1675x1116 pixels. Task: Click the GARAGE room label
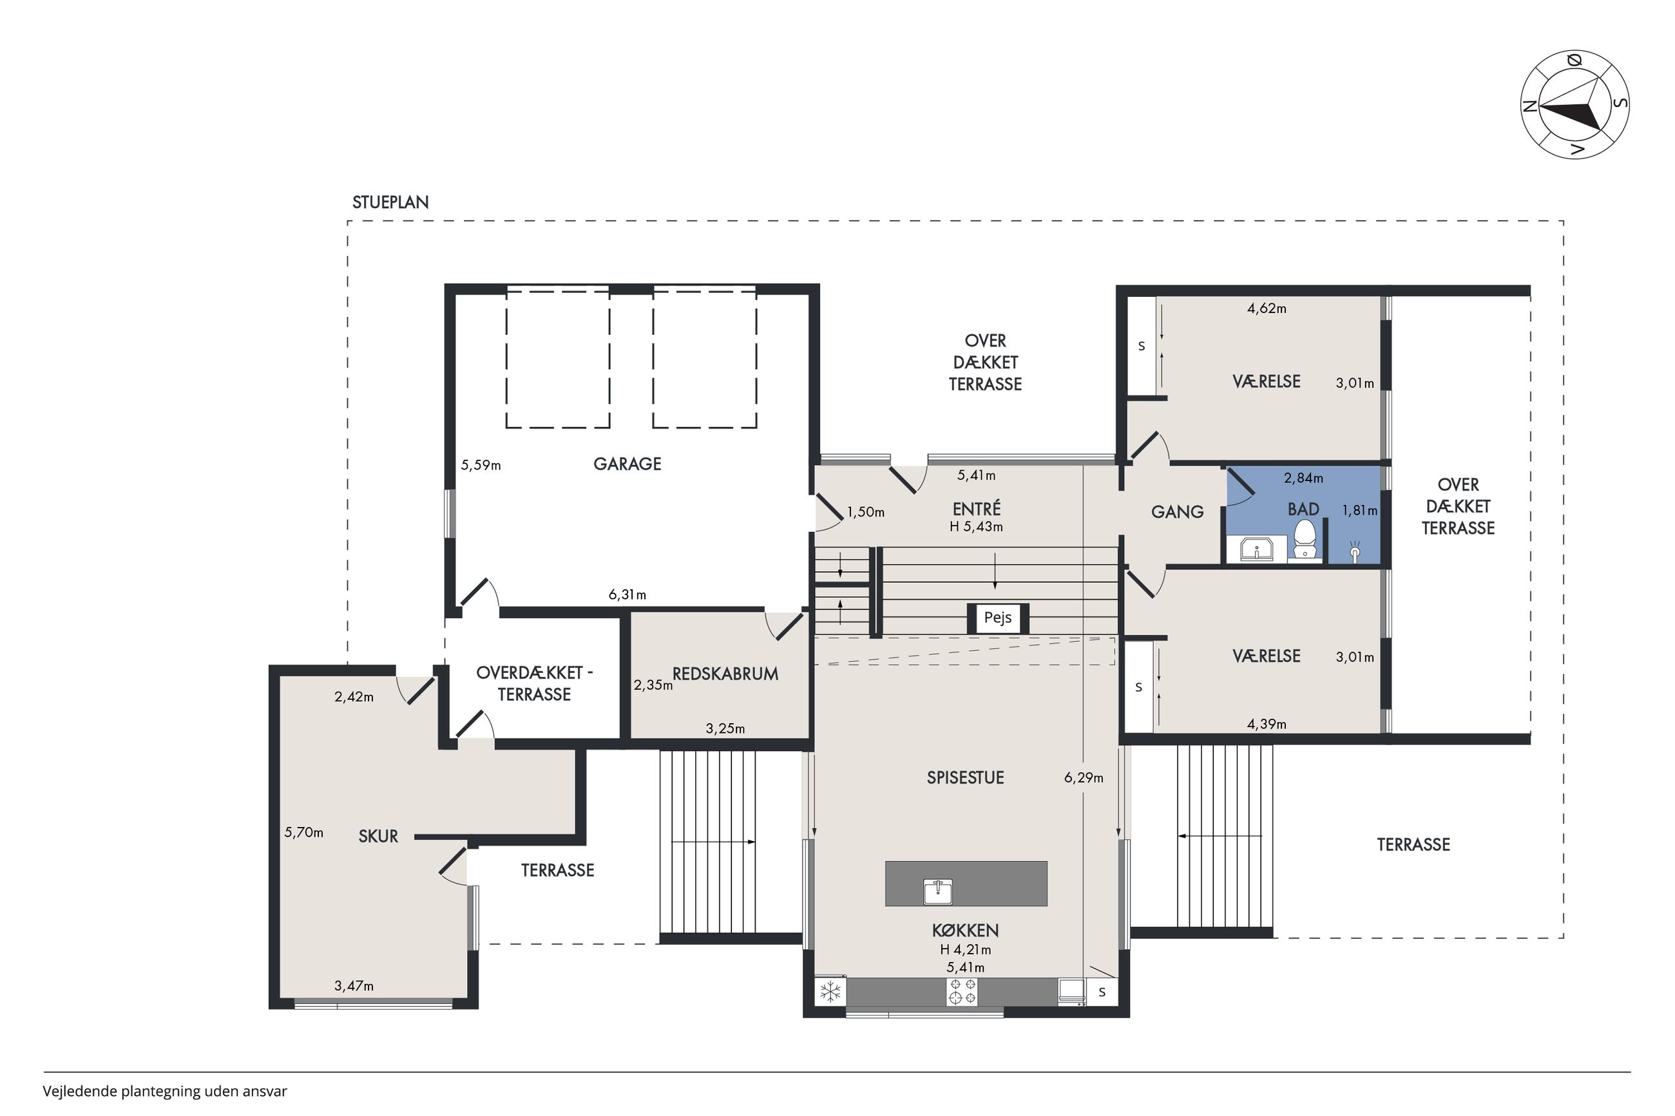(x=627, y=464)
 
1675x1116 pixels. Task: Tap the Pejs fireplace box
(x=997, y=618)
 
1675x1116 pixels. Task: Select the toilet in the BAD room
(x=1304, y=540)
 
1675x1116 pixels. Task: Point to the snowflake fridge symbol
(x=830, y=992)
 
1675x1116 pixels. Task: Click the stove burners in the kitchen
(x=962, y=992)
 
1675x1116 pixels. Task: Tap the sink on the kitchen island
(x=937, y=891)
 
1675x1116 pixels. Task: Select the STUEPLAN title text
(x=390, y=202)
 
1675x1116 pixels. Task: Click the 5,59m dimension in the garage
(x=481, y=466)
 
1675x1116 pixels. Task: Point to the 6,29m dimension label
(x=1084, y=778)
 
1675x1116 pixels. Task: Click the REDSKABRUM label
(x=725, y=674)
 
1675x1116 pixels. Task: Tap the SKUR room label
(x=378, y=837)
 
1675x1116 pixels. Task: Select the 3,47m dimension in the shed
(x=354, y=986)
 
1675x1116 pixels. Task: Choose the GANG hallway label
(x=1178, y=511)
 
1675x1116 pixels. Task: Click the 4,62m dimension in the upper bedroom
(x=1267, y=308)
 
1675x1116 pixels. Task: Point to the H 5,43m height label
(x=976, y=527)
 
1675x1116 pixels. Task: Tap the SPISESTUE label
(x=965, y=778)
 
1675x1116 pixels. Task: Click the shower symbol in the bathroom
(x=1355, y=553)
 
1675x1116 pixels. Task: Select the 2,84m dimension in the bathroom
(x=1303, y=478)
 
